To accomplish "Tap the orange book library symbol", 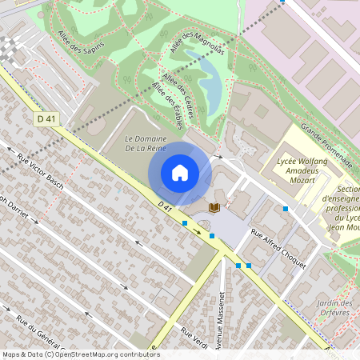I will click(214, 207).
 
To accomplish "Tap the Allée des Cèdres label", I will click(178, 92).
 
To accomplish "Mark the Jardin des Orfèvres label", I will click(334, 309).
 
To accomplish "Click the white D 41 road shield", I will click(47, 118).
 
